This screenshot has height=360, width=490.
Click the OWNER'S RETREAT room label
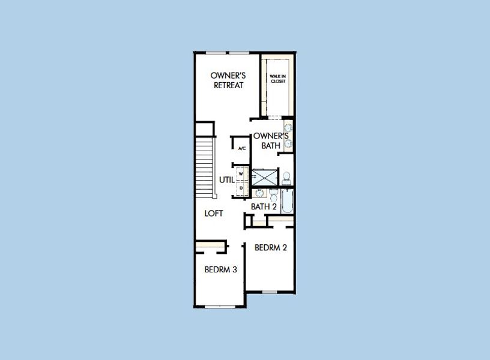(228, 80)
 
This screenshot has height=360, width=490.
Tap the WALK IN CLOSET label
(277, 78)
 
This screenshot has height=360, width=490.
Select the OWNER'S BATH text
(268, 140)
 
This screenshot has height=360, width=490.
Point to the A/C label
(242, 148)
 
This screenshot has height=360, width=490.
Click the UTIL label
(226, 179)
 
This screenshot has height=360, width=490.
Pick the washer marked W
(241, 174)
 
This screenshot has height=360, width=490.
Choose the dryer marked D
(241, 188)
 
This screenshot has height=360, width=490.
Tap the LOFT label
(214, 213)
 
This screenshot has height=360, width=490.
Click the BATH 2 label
(263, 206)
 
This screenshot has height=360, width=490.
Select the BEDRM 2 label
(270, 247)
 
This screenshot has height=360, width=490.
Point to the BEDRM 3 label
(220, 269)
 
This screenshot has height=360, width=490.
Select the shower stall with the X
(264, 178)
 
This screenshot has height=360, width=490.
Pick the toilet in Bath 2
(274, 196)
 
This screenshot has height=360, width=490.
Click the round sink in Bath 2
(259, 193)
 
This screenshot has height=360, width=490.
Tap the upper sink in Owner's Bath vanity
(288, 128)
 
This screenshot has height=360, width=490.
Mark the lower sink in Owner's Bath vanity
(288, 144)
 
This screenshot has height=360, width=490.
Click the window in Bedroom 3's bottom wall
(220, 307)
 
